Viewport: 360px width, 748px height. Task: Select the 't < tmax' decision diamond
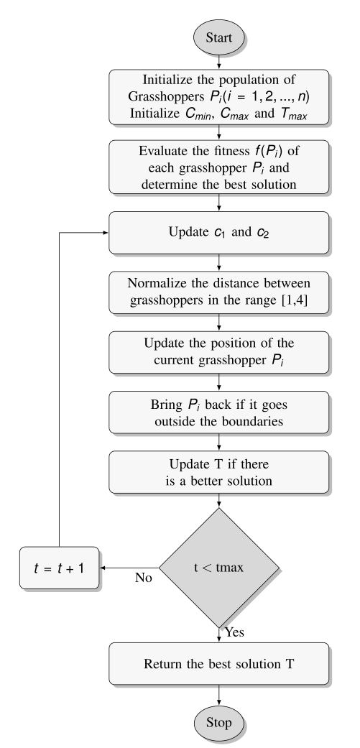point(219,567)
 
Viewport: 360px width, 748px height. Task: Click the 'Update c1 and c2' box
point(219,232)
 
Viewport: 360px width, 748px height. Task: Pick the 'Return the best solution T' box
point(219,663)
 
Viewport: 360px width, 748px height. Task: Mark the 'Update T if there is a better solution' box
point(219,471)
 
